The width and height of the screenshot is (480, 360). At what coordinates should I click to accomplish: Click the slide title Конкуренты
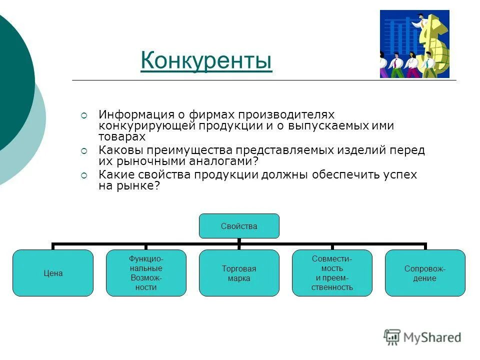(x=206, y=61)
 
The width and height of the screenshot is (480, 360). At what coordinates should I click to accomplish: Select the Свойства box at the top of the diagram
(x=239, y=226)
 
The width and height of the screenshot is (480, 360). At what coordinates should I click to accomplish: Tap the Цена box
(x=53, y=273)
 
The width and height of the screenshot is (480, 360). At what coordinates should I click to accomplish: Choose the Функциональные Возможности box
(x=146, y=273)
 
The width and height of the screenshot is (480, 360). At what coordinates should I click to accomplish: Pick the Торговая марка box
(x=239, y=273)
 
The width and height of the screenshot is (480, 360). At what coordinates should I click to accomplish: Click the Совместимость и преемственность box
(x=332, y=273)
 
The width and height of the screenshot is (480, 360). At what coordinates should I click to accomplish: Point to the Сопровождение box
(x=425, y=273)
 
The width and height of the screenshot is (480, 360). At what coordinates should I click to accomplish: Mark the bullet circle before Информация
(x=84, y=115)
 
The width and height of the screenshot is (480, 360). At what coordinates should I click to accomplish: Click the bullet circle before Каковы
(x=84, y=150)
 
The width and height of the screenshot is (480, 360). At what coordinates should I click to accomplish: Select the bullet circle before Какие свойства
(x=84, y=175)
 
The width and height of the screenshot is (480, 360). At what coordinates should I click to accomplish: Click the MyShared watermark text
(x=432, y=337)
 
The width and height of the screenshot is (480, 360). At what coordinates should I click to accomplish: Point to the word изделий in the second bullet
(x=355, y=150)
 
